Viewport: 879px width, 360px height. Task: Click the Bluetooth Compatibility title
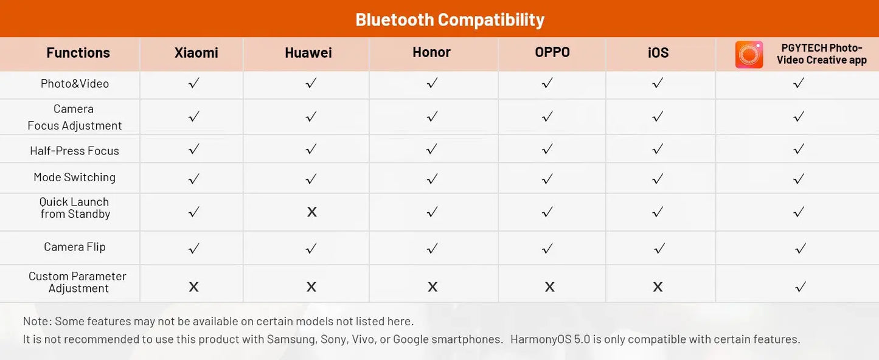pyautogui.click(x=450, y=19)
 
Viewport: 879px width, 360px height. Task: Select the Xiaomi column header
pyautogui.click(x=196, y=52)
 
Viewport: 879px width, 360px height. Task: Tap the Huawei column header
pyautogui.click(x=308, y=52)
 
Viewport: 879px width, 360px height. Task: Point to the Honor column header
pyautogui.click(x=431, y=52)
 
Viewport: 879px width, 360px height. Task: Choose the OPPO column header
pyautogui.click(x=552, y=52)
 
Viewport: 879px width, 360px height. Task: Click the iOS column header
pyautogui.click(x=658, y=52)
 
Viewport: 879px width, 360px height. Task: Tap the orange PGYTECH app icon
pyautogui.click(x=749, y=55)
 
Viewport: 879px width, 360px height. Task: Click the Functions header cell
pyautogui.click(x=78, y=52)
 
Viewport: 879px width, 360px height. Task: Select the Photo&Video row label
pyautogui.click(x=75, y=83)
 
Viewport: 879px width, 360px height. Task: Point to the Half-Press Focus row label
pyautogui.click(x=74, y=151)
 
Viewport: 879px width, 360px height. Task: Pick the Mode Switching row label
pyautogui.click(x=75, y=177)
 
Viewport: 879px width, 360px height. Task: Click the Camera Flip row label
pyautogui.click(x=75, y=247)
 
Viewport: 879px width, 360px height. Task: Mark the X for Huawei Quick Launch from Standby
pyautogui.click(x=311, y=212)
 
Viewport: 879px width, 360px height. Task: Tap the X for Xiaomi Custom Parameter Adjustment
pyautogui.click(x=193, y=287)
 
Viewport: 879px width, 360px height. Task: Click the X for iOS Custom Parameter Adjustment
pyautogui.click(x=658, y=287)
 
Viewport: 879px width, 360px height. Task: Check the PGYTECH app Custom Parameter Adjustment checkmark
pyautogui.click(x=800, y=287)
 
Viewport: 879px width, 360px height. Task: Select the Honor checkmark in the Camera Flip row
pyautogui.click(x=432, y=248)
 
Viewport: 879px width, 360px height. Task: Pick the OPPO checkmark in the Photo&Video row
pyautogui.click(x=547, y=83)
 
